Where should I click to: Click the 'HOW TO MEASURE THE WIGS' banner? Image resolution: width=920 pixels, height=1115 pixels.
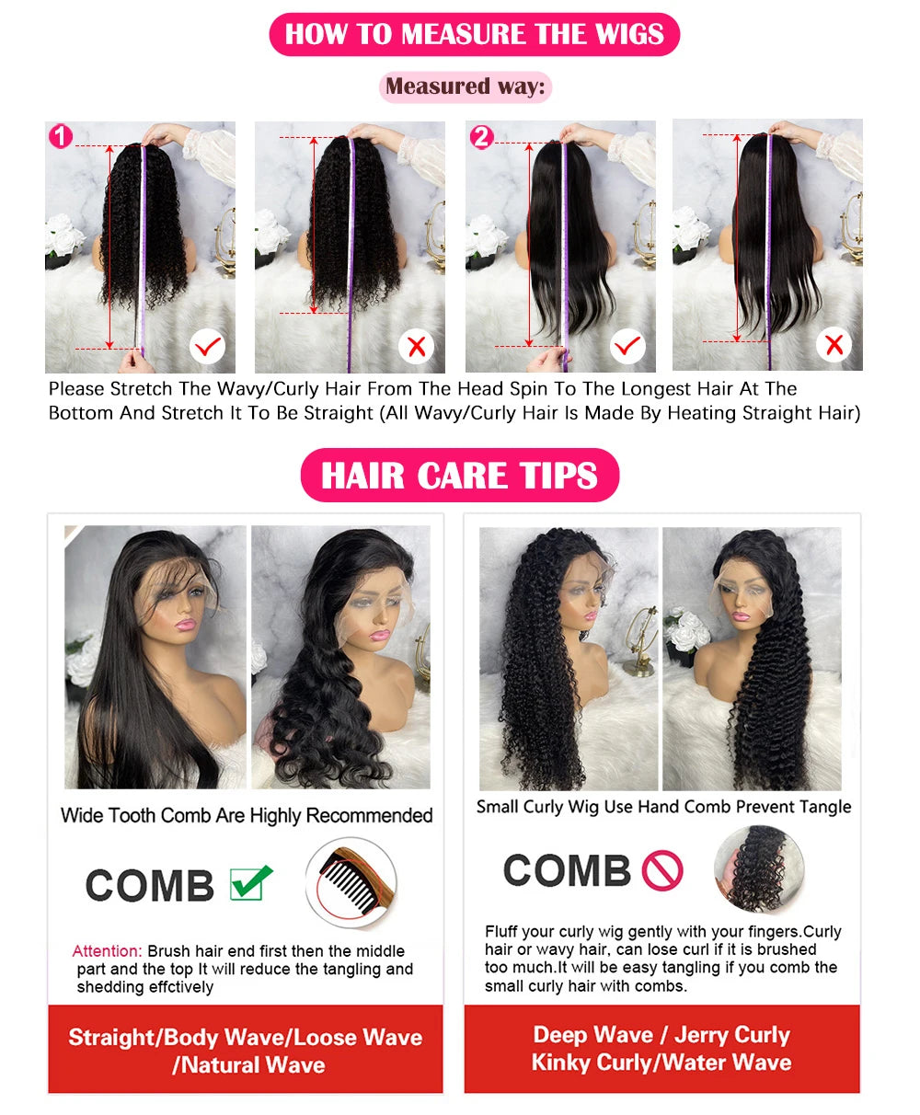(474, 35)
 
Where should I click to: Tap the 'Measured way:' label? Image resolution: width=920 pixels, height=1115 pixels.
(465, 86)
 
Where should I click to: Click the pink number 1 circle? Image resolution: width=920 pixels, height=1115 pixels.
(60, 137)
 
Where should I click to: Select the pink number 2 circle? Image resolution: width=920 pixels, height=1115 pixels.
(481, 137)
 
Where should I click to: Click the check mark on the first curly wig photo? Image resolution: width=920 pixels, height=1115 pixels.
(208, 347)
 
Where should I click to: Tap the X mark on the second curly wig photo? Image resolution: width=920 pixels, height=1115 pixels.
(416, 347)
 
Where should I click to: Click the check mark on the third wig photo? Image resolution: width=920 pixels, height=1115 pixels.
(627, 347)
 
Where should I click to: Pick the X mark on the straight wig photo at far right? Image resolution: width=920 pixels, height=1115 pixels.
(834, 346)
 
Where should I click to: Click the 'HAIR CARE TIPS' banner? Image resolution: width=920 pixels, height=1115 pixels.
(459, 475)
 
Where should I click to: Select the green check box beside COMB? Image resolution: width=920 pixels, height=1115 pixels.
(250, 883)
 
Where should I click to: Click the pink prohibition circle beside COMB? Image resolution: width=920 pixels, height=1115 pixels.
(662, 870)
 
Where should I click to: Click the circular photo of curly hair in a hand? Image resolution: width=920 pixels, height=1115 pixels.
(758, 869)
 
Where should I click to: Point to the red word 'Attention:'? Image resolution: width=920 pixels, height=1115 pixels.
(108, 951)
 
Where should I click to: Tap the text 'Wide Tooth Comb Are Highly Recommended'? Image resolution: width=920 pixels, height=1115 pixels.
(247, 815)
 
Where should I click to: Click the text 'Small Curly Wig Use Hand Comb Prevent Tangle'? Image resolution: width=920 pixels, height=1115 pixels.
(663, 807)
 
